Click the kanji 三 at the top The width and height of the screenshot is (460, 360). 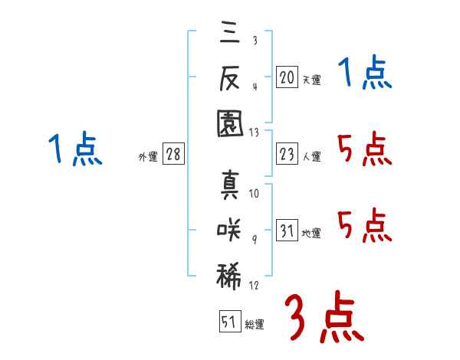(x=230, y=31)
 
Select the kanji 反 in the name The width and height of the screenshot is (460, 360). (x=230, y=77)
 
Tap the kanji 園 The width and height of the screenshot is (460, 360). (x=230, y=123)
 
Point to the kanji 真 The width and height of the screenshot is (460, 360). (x=230, y=185)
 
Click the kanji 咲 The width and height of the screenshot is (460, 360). (x=229, y=230)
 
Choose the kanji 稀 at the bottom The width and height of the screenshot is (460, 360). (x=229, y=276)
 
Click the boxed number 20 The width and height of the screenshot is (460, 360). (x=287, y=77)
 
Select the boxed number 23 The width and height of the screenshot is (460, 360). (x=287, y=154)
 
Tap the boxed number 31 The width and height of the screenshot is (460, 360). (x=287, y=230)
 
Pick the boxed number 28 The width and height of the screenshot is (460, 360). (x=173, y=154)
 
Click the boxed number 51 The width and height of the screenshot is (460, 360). (x=230, y=321)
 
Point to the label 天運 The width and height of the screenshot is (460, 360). (x=312, y=80)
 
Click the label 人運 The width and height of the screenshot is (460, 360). (x=312, y=156)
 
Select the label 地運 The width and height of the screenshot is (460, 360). (x=311, y=234)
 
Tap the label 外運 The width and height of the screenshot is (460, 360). (x=148, y=157)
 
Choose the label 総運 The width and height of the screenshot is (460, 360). (x=255, y=325)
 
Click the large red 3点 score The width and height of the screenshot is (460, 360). (x=324, y=316)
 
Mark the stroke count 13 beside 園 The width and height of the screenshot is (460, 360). (x=254, y=133)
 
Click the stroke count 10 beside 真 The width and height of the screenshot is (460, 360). (x=254, y=193)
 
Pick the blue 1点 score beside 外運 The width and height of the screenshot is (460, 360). (x=75, y=149)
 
